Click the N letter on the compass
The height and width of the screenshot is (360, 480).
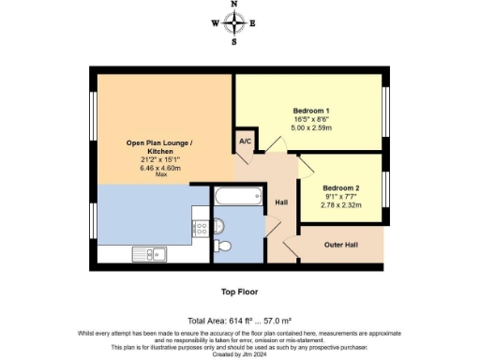pos(234,5)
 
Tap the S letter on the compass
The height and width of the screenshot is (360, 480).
pos(234,41)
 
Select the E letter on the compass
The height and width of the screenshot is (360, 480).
pos(252,23)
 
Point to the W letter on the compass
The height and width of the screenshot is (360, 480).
pos(215,23)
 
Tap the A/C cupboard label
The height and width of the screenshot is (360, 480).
pos(246,141)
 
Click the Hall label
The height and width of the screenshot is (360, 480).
pos(280,202)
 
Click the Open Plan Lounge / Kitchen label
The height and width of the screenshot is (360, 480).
pos(160,148)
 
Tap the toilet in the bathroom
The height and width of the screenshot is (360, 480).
pos(222,246)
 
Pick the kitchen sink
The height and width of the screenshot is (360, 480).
pos(150,252)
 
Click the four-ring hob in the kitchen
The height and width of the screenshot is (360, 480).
pos(199,227)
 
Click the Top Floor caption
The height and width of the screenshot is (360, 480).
pos(240,292)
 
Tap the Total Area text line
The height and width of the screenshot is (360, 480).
pos(240,320)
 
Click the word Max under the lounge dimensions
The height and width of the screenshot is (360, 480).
pos(160,174)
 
